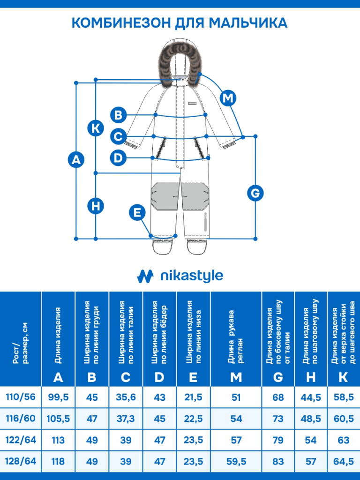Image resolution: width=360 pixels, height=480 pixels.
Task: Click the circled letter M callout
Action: click(228, 98)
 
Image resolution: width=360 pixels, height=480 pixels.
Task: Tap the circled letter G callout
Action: click(255, 193)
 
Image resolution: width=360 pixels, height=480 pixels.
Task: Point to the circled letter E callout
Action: click(137, 212)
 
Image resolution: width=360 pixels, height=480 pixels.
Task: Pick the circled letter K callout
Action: click(96, 128)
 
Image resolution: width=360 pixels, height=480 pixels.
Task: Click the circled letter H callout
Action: click(96, 205)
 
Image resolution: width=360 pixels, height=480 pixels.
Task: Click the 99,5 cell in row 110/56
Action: click(59, 397)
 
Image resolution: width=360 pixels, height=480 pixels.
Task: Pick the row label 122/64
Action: click(21, 440)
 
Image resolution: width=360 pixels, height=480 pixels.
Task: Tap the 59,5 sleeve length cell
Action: click(236, 462)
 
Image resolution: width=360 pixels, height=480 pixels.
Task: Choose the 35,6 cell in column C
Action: click(126, 397)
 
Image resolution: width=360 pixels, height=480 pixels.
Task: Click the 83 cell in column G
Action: click(278, 462)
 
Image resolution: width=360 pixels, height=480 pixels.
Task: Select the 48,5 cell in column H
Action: click(311, 419)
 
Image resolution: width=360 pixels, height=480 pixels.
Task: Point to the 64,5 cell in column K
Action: click(343, 462)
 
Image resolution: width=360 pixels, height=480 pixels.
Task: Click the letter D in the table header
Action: click(160, 377)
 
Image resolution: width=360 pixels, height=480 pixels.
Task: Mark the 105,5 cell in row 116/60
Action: click(59, 419)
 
